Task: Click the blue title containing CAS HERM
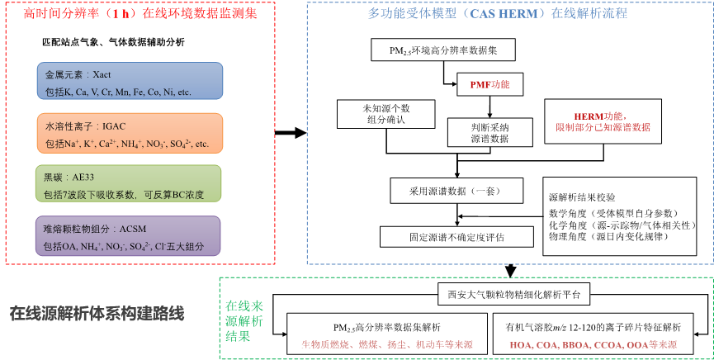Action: point(498,14)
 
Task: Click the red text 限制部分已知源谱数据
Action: point(603,128)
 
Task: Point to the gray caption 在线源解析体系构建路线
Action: point(97,314)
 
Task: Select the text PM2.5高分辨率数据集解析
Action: point(386,327)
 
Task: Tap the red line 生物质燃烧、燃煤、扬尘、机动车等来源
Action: point(386,344)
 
